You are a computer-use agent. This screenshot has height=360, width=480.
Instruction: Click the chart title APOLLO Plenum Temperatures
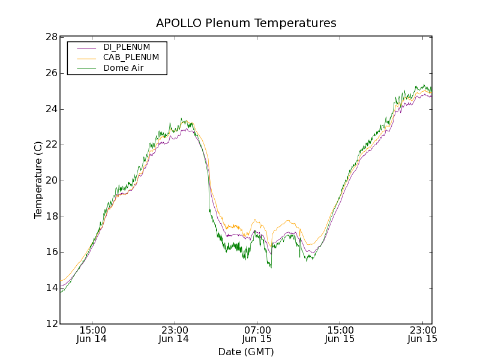(x=246, y=23)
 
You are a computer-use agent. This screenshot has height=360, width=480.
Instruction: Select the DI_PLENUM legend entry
(x=127, y=47)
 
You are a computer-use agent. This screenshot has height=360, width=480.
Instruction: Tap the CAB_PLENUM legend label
(x=131, y=58)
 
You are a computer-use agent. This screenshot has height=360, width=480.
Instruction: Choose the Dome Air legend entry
(x=123, y=68)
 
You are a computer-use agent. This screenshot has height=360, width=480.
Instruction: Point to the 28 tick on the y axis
(x=51, y=37)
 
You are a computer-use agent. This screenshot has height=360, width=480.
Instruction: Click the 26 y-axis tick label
(x=51, y=73)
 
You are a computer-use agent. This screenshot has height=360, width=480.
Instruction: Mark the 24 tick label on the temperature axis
(x=51, y=109)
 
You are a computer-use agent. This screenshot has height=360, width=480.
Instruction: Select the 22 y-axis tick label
(x=51, y=145)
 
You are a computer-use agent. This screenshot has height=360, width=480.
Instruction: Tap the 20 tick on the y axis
(x=51, y=181)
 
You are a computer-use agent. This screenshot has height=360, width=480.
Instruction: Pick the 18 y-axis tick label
(x=51, y=217)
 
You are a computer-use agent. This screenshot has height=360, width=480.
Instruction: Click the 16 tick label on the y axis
(x=51, y=252)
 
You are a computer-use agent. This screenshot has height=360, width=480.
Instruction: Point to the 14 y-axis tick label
(x=51, y=288)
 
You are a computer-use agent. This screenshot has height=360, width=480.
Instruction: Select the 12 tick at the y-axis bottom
(x=51, y=324)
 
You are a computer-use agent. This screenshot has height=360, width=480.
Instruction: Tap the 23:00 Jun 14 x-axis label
(x=174, y=334)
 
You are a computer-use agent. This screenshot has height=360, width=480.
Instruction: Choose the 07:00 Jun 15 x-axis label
(x=257, y=334)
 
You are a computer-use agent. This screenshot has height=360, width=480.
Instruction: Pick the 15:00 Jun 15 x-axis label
(x=340, y=334)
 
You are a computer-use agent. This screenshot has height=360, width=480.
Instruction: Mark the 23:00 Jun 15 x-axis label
(x=422, y=334)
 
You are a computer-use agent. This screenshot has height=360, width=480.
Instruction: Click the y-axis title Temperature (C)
(x=38, y=180)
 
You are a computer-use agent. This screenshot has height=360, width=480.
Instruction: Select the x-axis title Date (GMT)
(x=246, y=352)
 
